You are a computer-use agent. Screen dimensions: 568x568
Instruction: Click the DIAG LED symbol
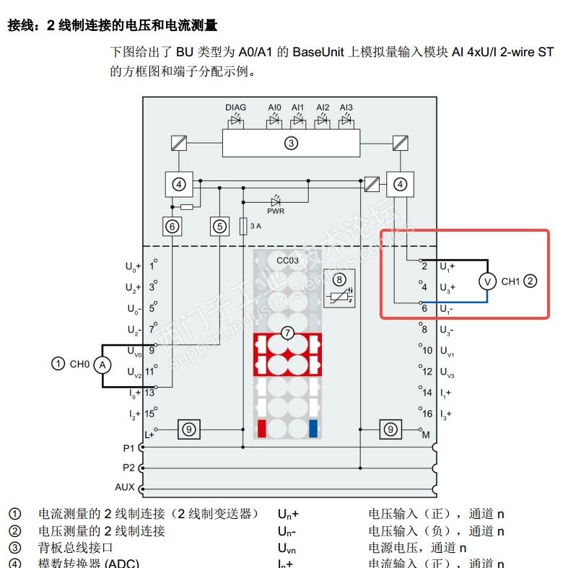coord(236,121)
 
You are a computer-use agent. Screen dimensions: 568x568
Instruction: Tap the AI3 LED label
coord(346,108)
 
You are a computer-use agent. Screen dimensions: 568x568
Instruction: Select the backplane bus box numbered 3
coord(290,143)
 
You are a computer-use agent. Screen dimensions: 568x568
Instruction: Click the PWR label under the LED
coord(276,211)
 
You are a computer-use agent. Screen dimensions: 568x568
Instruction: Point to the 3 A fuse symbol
coord(243,226)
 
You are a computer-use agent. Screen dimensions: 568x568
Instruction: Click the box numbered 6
coord(172,227)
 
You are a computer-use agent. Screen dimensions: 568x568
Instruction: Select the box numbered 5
coord(219,227)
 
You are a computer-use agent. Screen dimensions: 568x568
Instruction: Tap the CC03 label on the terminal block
coord(287,260)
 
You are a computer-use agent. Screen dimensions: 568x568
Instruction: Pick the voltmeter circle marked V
coord(489,281)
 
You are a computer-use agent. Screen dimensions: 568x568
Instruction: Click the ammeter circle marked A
coord(102,364)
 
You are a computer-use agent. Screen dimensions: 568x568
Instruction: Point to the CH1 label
coord(510,281)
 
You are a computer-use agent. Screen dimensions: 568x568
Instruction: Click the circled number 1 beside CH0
coord(58,364)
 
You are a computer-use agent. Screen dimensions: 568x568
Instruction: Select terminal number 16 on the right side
coord(427,414)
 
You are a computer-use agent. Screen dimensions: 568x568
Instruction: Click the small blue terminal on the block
coord(313,428)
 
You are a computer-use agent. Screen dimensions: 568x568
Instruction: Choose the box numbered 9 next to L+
coord(189,429)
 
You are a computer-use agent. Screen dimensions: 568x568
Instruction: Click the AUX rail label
coord(125,487)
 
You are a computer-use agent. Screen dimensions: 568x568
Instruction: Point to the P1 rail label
coord(128,448)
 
